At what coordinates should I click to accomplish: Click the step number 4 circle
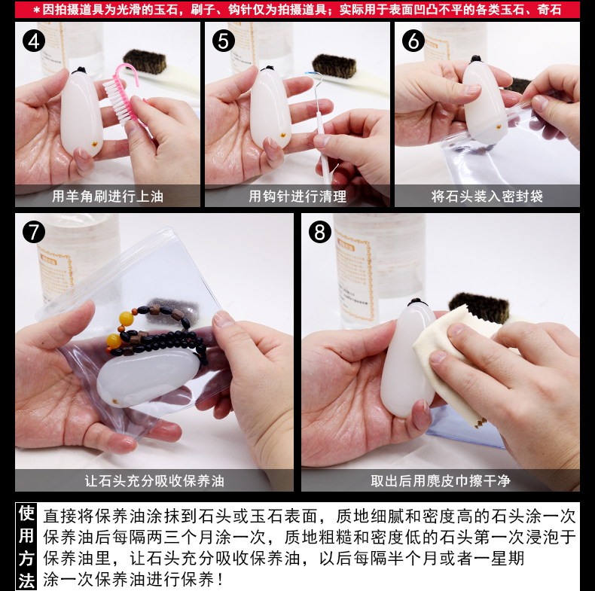34,41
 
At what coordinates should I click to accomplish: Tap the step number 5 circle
224,41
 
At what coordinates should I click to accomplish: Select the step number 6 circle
413,41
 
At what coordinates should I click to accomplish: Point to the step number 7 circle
34,232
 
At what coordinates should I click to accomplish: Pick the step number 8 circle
320,232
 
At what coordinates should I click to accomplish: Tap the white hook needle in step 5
321,125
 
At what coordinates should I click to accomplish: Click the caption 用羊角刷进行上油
108,196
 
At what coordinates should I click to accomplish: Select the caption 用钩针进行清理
297,196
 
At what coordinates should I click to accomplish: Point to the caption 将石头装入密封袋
487,196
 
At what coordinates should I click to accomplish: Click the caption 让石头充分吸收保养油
154,480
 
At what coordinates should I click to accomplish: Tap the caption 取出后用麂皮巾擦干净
440,480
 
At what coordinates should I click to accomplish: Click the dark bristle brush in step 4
145,61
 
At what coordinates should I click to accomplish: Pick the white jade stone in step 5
270,108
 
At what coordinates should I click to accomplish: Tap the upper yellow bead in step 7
126,318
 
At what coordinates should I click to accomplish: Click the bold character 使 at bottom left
26,513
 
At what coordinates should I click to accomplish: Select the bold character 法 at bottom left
26,580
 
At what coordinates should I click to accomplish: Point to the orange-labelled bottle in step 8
379,270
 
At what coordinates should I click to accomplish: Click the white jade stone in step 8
409,358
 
